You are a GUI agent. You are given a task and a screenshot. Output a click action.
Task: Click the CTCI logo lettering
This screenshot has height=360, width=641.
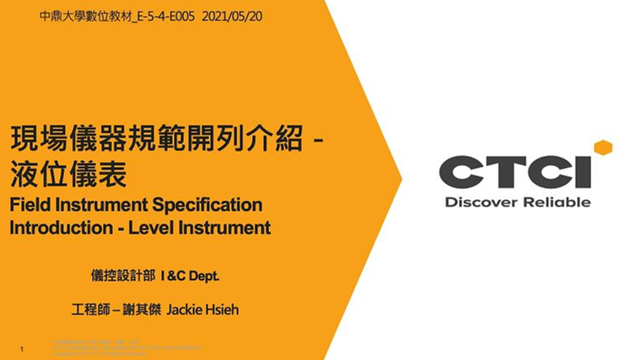pyautogui.click(x=514, y=171)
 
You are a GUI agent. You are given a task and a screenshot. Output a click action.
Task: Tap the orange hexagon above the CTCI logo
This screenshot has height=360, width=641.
pyautogui.click(x=602, y=148)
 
